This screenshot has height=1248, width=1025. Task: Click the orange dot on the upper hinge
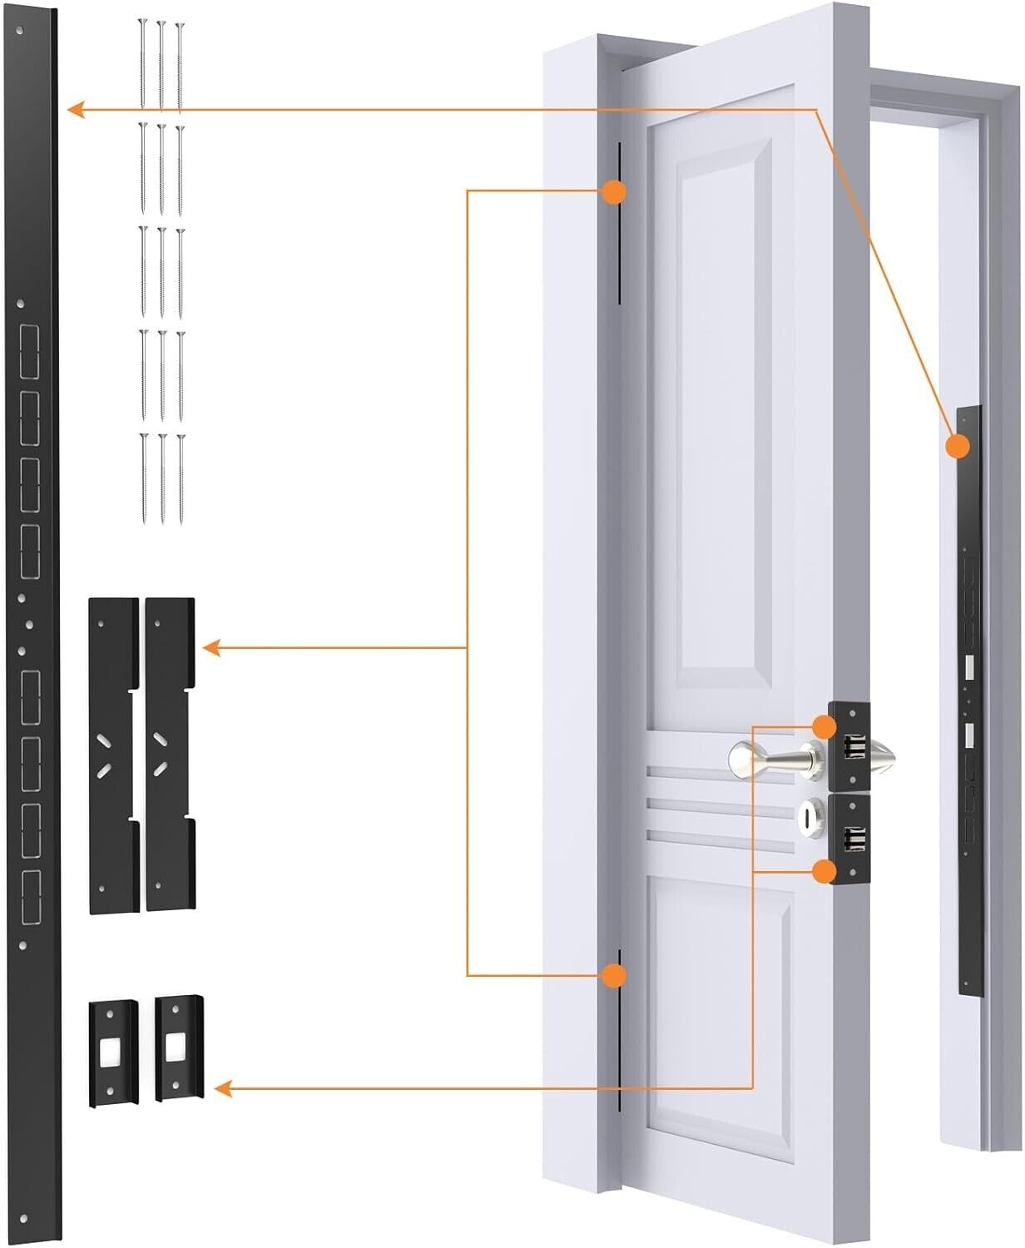[x=613, y=192]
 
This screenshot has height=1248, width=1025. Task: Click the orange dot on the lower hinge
[x=613, y=975]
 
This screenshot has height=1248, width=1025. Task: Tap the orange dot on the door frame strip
[x=958, y=447]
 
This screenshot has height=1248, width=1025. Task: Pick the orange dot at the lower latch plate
[x=824, y=871]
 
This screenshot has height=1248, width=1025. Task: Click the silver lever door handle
[x=774, y=758]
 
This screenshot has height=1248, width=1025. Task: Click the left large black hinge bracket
[x=113, y=755]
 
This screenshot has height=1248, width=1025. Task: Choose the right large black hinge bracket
[x=170, y=754]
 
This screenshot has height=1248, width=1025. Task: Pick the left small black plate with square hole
[x=112, y=1052]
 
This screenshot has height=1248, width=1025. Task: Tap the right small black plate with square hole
[x=177, y=1047]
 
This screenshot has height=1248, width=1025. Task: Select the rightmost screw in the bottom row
[x=180, y=478]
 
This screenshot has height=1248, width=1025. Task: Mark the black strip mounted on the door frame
[x=968, y=699]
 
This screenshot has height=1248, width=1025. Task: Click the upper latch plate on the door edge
[x=849, y=746]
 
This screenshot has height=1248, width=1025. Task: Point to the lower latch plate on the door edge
[x=849, y=840]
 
